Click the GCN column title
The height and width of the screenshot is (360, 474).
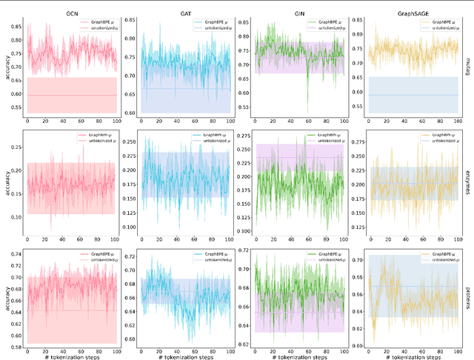click(x=71, y=6)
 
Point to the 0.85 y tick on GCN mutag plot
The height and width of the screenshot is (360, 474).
click(x=14, y=26)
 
